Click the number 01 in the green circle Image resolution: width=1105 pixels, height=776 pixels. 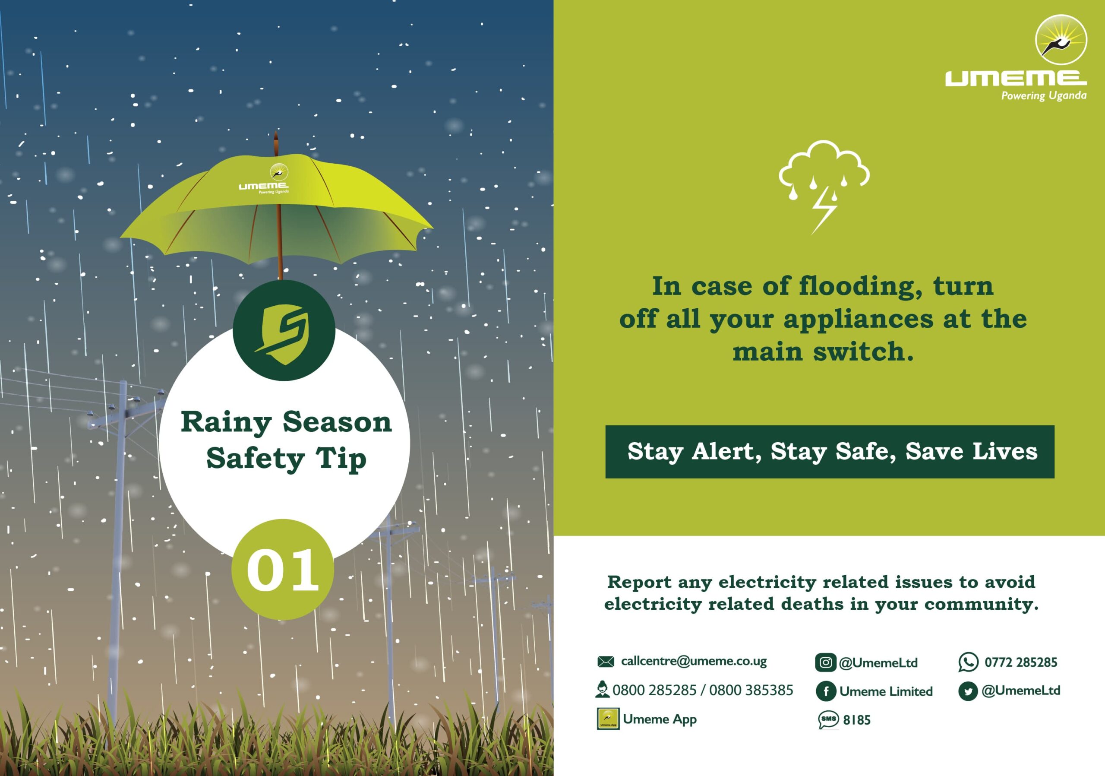(x=283, y=570)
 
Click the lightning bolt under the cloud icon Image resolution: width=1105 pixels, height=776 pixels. (x=824, y=210)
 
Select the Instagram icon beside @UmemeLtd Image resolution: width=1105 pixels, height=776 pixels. (x=825, y=662)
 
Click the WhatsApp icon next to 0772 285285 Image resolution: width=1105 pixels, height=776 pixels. (x=968, y=662)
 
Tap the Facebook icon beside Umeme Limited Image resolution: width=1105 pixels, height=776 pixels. (x=826, y=691)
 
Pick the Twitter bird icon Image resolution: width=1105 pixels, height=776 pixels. (x=968, y=691)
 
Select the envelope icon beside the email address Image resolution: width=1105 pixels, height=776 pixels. (x=606, y=662)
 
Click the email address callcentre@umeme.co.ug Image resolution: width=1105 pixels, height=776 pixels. (x=694, y=662)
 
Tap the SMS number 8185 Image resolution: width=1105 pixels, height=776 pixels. (x=857, y=720)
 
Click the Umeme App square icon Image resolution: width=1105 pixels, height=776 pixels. (x=608, y=719)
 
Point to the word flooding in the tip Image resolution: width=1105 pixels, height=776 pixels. (x=861, y=287)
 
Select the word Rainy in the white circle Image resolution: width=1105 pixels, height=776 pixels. (x=226, y=423)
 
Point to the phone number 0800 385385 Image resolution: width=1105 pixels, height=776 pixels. (x=751, y=690)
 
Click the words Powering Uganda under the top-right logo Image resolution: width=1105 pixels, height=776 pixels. (x=1044, y=95)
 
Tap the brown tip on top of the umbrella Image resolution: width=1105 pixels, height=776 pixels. (x=276, y=143)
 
